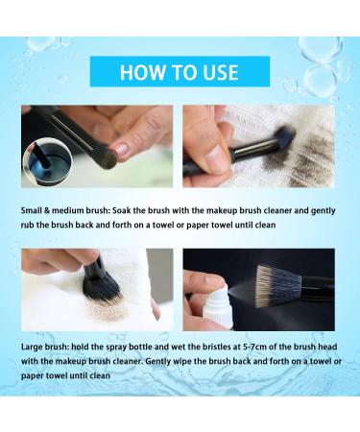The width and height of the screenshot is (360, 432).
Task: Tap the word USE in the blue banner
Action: (x=229, y=72)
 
